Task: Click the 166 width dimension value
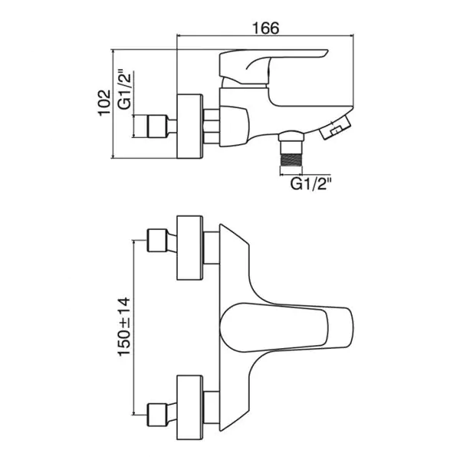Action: [x=266, y=28]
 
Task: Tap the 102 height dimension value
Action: [x=105, y=103]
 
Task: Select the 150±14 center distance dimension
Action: [x=123, y=327]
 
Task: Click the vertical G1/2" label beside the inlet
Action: [x=126, y=89]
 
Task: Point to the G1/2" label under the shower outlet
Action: [x=311, y=184]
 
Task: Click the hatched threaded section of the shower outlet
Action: [x=291, y=159]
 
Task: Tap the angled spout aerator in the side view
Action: [x=335, y=127]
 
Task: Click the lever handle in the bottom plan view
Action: [x=286, y=327]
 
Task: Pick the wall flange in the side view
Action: [x=189, y=127]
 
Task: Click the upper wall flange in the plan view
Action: [x=189, y=248]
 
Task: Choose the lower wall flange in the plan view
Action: [x=189, y=407]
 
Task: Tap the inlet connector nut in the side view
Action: [x=157, y=127]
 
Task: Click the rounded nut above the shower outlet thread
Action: [x=291, y=137]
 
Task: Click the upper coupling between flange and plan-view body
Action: [x=212, y=248]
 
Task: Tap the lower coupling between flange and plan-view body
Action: [x=212, y=408]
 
